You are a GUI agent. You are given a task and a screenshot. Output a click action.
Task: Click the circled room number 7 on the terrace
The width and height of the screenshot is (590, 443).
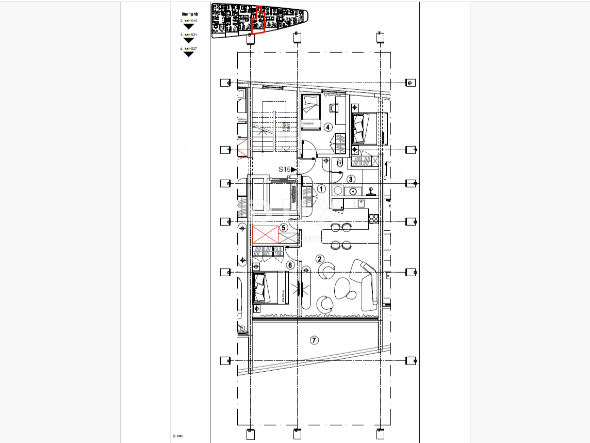pyautogui.click(x=314, y=340)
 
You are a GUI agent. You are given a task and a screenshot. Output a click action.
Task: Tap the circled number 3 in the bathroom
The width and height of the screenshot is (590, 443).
pyautogui.click(x=351, y=180)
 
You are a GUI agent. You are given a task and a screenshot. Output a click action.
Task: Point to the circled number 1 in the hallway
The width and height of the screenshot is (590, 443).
pyautogui.click(x=321, y=189)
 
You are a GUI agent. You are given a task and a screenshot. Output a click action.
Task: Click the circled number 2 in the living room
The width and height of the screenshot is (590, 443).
pyautogui.click(x=320, y=259)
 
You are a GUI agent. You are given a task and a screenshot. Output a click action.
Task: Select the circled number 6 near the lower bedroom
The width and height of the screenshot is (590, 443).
pyautogui.click(x=290, y=265)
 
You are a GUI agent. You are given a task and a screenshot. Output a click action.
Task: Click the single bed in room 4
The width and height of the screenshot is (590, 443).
pyautogui.click(x=311, y=110)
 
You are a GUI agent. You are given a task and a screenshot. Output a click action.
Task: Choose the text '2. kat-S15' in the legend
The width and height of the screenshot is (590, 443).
pyautogui.click(x=188, y=21)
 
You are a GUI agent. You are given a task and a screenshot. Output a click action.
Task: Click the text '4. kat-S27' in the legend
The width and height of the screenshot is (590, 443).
pyautogui.click(x=188, y=49)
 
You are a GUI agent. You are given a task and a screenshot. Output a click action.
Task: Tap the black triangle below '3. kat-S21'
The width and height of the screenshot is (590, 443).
pyautogui.click(x=189, y=40)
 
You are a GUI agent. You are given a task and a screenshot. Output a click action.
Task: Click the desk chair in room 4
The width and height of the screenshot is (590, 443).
pyautogui.click(x=333, y=108)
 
